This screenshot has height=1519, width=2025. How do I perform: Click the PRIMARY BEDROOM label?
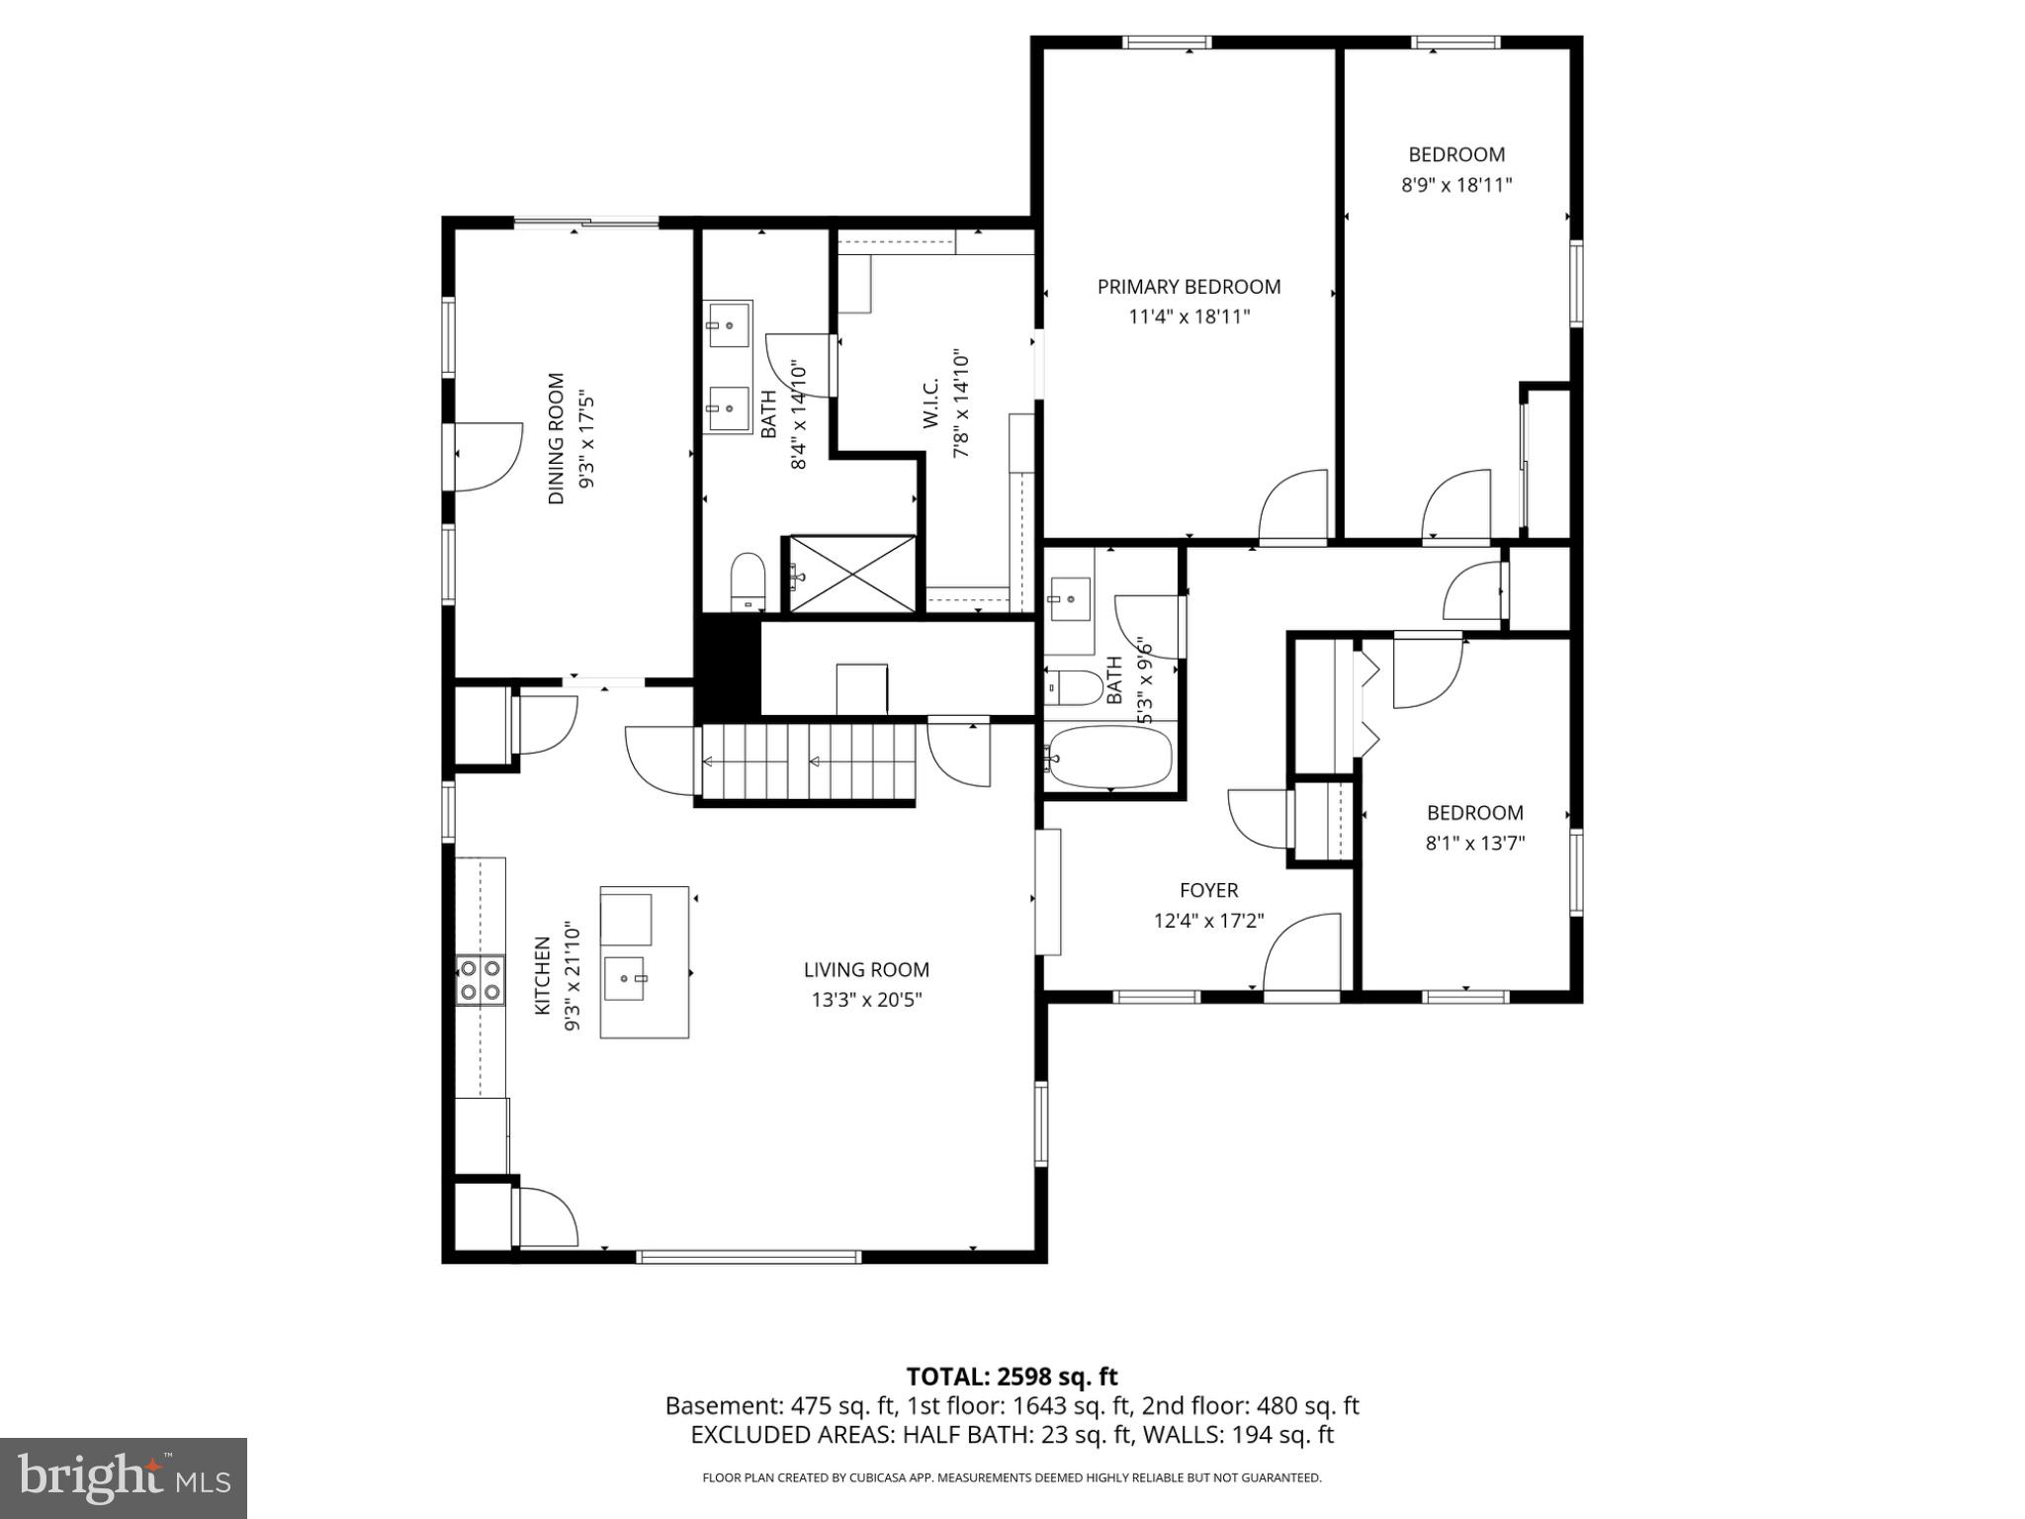(1189, 287)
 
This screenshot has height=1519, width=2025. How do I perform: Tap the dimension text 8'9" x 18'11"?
(1456, 185)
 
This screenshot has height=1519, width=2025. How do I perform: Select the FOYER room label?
(1208, 890)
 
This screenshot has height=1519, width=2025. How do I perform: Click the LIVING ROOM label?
(866, 970)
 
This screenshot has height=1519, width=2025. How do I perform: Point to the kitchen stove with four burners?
(480, 980)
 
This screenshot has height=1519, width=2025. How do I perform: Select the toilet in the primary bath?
(748, 581)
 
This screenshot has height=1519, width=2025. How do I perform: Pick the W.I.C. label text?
(930, 404)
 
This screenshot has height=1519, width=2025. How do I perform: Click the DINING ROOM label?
(557, 438)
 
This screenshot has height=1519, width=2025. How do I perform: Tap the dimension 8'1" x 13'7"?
(1474, 844)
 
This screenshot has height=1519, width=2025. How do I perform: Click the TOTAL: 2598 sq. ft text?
(1012, 1377)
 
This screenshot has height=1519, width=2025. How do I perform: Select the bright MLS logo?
(124, 1477)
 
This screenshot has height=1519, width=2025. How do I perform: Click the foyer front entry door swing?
(1301, 952)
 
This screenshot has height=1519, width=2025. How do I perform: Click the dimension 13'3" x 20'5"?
(866, 1000)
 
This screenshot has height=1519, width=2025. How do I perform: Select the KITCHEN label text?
(542, 975)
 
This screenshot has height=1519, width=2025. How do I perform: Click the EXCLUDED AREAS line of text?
(1012, 1435)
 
